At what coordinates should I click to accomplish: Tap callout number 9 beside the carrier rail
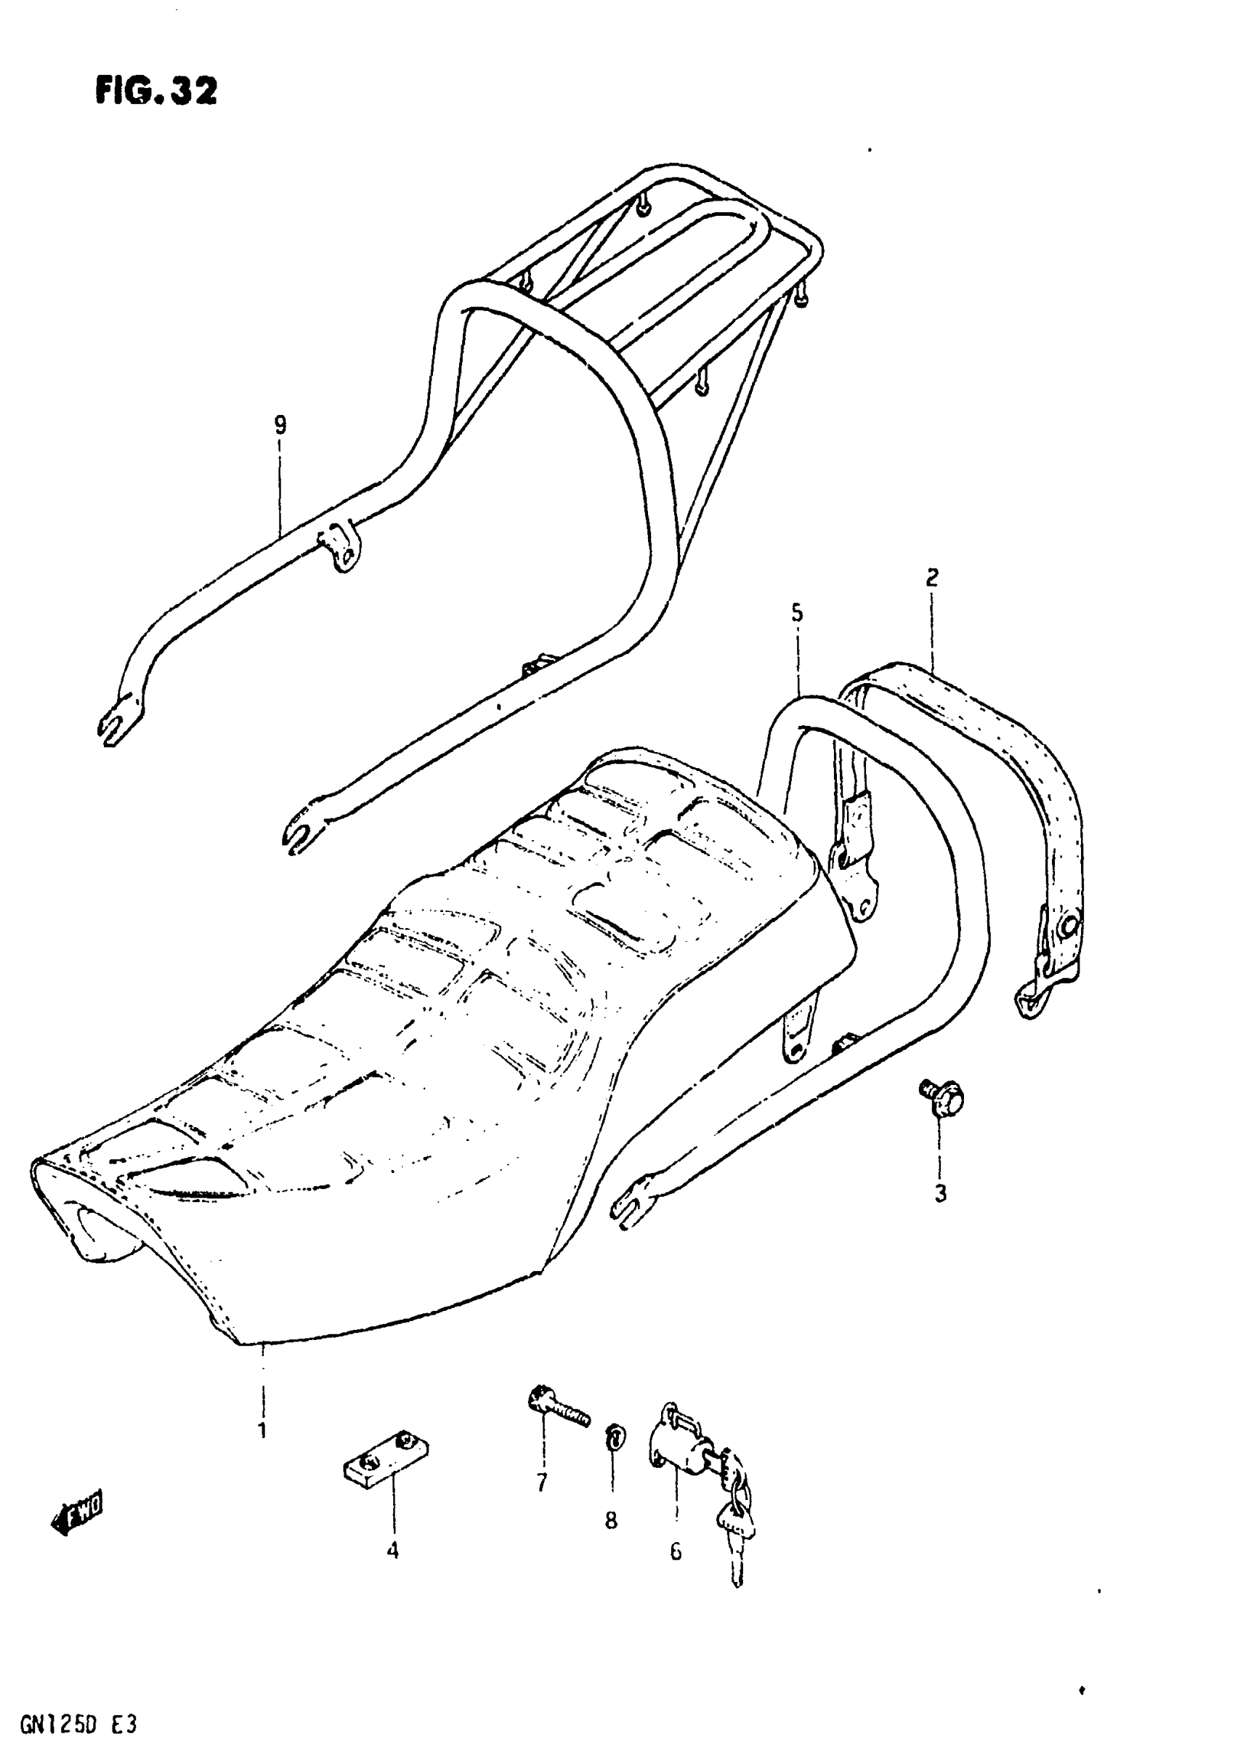280,424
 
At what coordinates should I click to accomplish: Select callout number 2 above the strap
931,578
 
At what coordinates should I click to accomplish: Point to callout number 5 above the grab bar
797,613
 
